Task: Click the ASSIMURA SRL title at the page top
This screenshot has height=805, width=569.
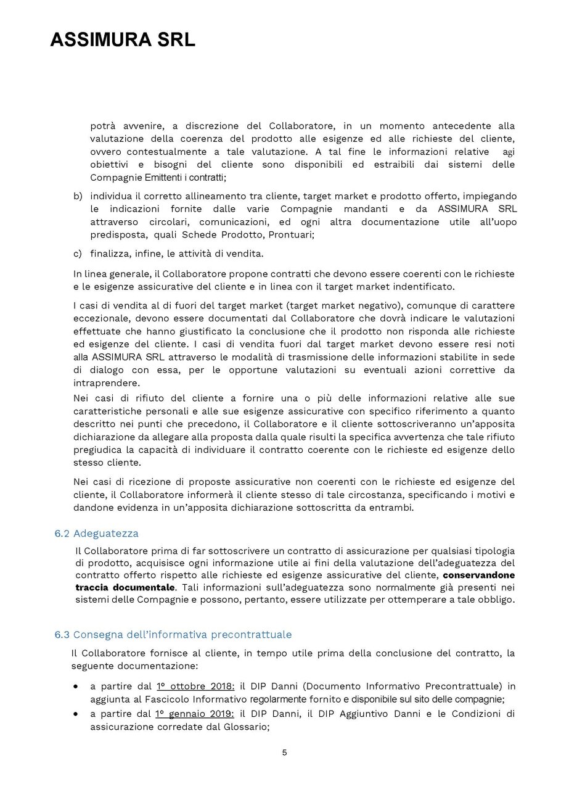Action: (x=122, y=41)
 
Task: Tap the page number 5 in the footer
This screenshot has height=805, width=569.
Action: (x=284, y=752)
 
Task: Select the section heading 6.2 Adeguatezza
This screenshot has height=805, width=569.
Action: (x=97, y=533)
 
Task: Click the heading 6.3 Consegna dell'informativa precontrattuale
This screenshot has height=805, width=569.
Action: (x=173, y=634)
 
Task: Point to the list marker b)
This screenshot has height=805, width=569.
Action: (x=78, y=196)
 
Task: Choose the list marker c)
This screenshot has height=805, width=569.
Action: (x=78, y=253)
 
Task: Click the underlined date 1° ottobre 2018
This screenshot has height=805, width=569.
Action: (x=195, y=686)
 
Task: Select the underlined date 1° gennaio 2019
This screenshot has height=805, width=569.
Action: (x=195, y=714)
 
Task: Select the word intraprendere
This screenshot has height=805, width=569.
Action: (x=103, y=382)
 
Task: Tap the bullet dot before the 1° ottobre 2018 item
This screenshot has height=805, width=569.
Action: (x=76, y=686)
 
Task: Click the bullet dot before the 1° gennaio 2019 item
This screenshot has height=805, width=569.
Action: (x=76, y=714)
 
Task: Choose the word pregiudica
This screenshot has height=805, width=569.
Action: (x=99, y=449)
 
